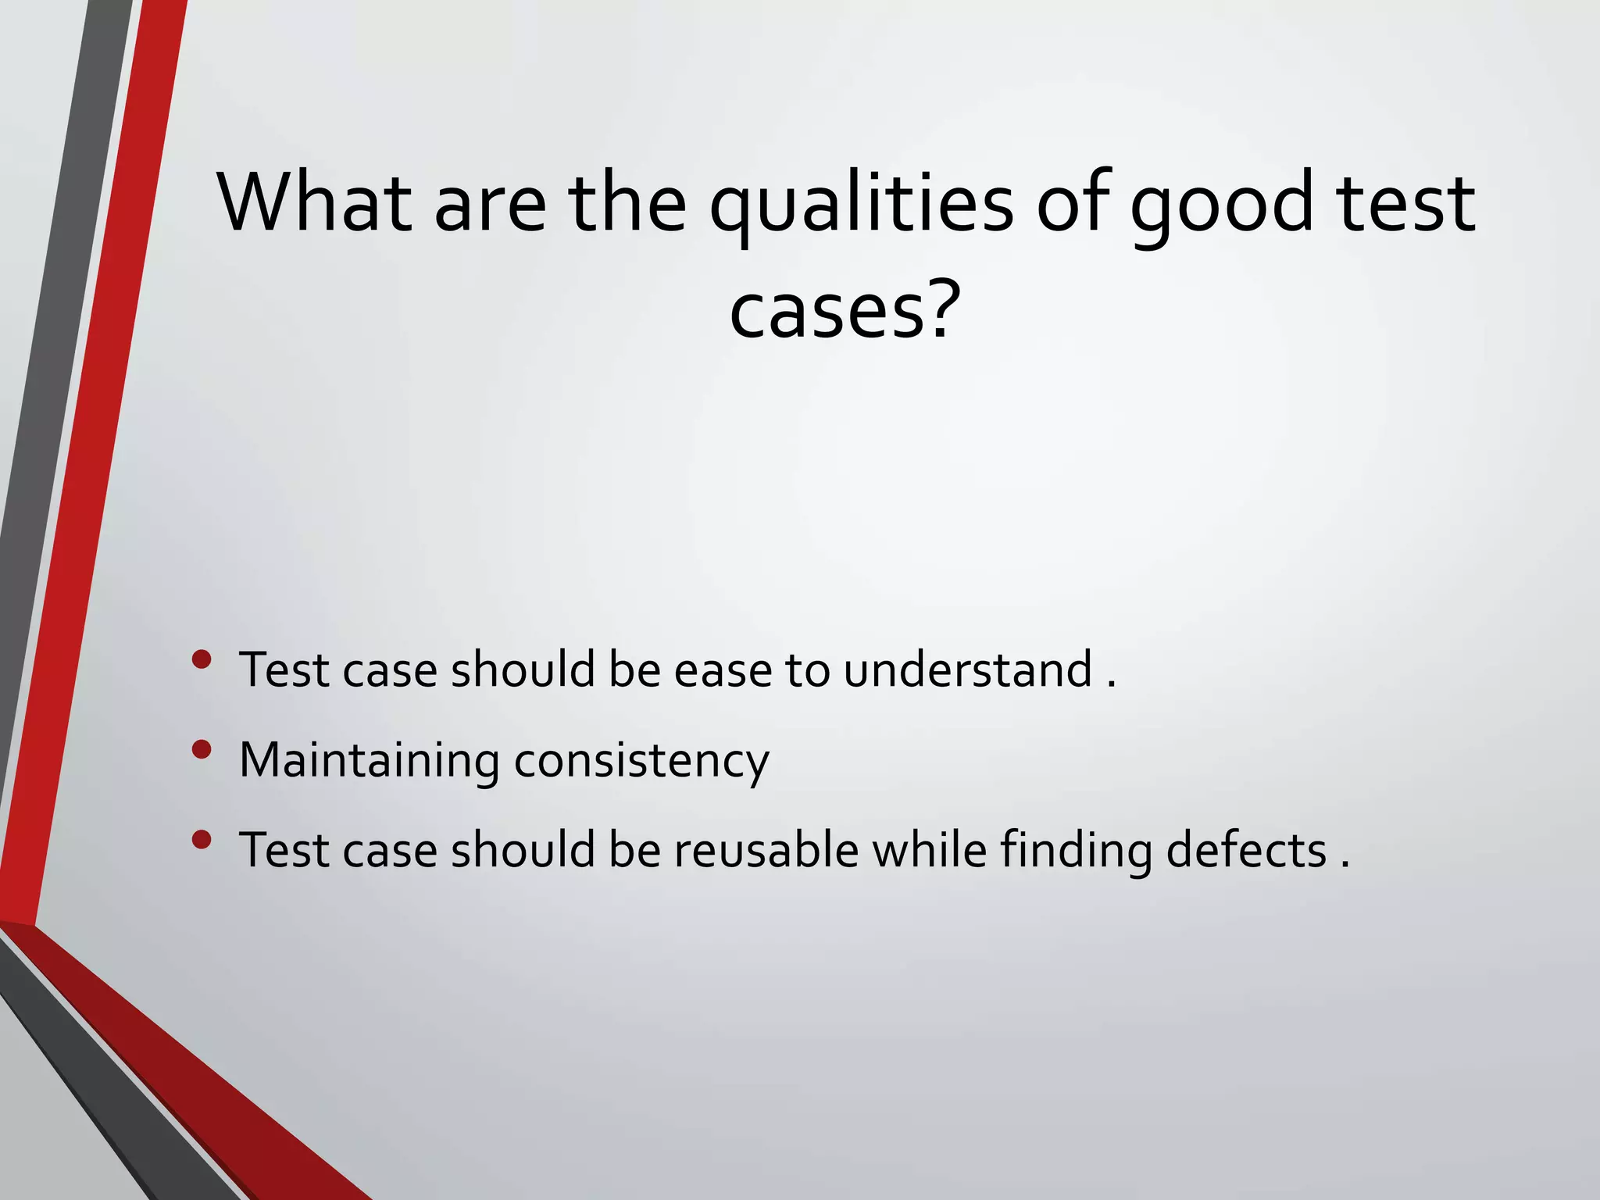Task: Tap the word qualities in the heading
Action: coord(860,205)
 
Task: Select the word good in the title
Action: coord(1222,205)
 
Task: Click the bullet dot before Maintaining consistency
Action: coord(202,750)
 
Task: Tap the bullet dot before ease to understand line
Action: coord(202,659)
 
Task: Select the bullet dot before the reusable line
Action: coord(202,840)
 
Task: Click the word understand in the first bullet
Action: coord(967,670)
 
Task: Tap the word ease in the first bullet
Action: coord(722,671)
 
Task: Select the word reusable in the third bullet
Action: coord(766,850)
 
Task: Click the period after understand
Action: coord(1112,685)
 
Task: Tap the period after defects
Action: coord(1345,865)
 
